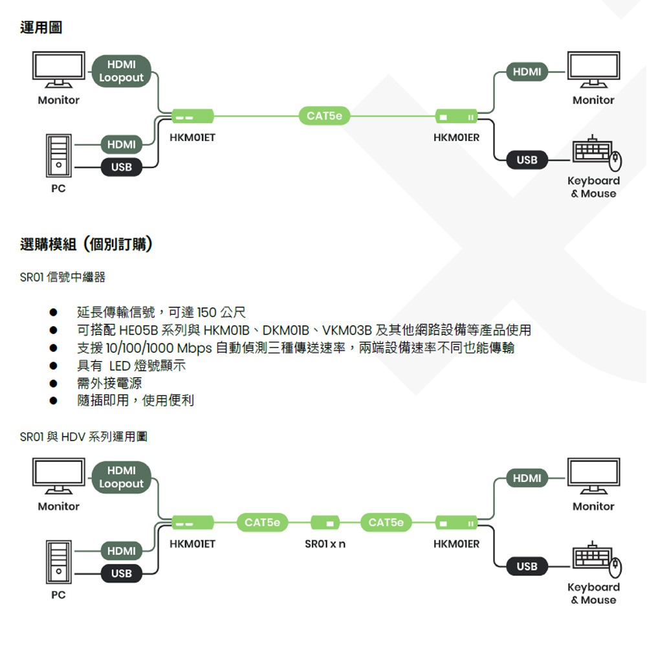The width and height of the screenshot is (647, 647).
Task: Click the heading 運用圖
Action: coord(41,28)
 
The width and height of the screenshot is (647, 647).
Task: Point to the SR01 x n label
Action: coord(325,544)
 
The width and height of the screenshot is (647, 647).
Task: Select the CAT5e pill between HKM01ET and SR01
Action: coord(262,522)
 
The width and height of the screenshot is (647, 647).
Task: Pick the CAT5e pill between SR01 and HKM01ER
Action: coord(386,522)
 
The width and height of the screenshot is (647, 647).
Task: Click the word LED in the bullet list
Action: coord(120,366)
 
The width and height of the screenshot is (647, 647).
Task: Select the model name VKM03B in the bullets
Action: coord(346,331)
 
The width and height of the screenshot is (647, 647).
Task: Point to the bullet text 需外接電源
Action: coord(109,384)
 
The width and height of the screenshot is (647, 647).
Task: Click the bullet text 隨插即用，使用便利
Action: coord(135,401)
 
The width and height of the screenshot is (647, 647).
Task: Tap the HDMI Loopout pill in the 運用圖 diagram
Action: coord(122,71)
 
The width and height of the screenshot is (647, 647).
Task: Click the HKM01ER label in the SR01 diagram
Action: coord(457,544)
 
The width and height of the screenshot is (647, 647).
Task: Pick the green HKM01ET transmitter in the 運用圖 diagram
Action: coord(192,116)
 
